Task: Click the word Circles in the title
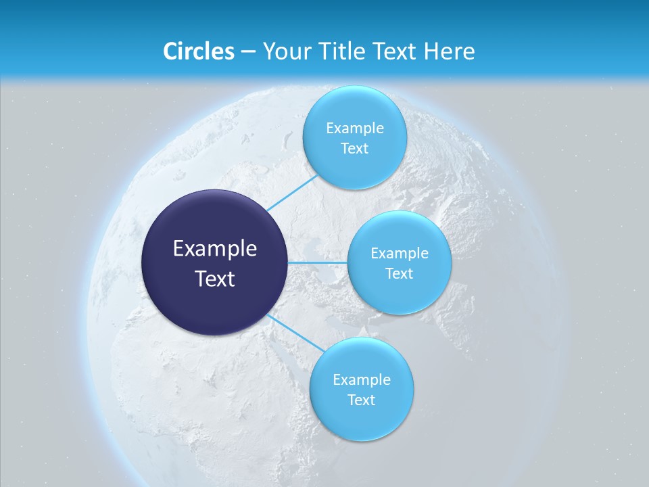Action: pos(198,51)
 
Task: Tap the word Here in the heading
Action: pos(449,51)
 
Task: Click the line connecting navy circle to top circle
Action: pos(292,193)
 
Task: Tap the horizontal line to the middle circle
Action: pos(318,262)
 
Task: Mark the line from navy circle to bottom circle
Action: pos(292,331)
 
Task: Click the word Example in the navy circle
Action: pos(215,249)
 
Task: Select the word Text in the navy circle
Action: pos(215,279)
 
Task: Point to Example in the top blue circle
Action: pos(355,129)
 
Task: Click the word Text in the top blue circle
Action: pos(354,149)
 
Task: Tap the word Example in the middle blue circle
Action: pos(400,254)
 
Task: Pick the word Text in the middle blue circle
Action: pos(400,274)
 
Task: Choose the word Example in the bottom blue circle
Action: pos(362,380)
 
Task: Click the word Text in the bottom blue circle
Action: pos(361,400)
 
